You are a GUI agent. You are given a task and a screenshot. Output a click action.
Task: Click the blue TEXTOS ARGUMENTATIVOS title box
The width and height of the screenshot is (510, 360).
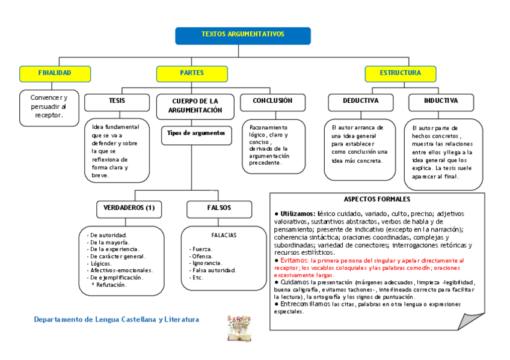(x=242, y=35)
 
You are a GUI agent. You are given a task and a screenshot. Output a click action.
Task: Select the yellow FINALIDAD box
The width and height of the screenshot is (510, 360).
(x=55, y=73)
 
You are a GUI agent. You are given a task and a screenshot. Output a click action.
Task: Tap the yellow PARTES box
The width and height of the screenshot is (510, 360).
(x=192, y=73)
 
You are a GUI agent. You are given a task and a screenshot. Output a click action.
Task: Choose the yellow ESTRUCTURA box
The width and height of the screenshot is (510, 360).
(x=400, y=73)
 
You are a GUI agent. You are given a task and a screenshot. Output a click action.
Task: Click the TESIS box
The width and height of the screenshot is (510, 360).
(x=117, y=102)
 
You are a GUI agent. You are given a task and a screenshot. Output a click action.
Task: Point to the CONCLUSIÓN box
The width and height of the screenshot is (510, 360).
(x=272, y=102)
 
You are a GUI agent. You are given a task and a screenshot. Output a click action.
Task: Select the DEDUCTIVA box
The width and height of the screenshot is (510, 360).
(x=361, y=102)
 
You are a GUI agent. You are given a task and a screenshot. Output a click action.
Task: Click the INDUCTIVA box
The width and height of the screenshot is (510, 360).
(x=440, y=102)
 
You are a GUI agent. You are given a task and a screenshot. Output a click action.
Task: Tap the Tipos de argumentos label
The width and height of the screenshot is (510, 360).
(x=196, y=133)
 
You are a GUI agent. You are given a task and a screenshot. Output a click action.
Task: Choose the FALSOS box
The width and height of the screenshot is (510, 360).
(x=219, y=209)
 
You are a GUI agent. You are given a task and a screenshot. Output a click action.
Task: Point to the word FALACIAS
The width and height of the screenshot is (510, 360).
(x=224, y=235)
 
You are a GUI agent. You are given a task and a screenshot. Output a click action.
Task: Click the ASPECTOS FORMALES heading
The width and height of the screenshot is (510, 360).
(x=376, y=199)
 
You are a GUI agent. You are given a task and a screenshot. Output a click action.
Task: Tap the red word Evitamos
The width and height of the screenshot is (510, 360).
(x=294, y=261)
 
